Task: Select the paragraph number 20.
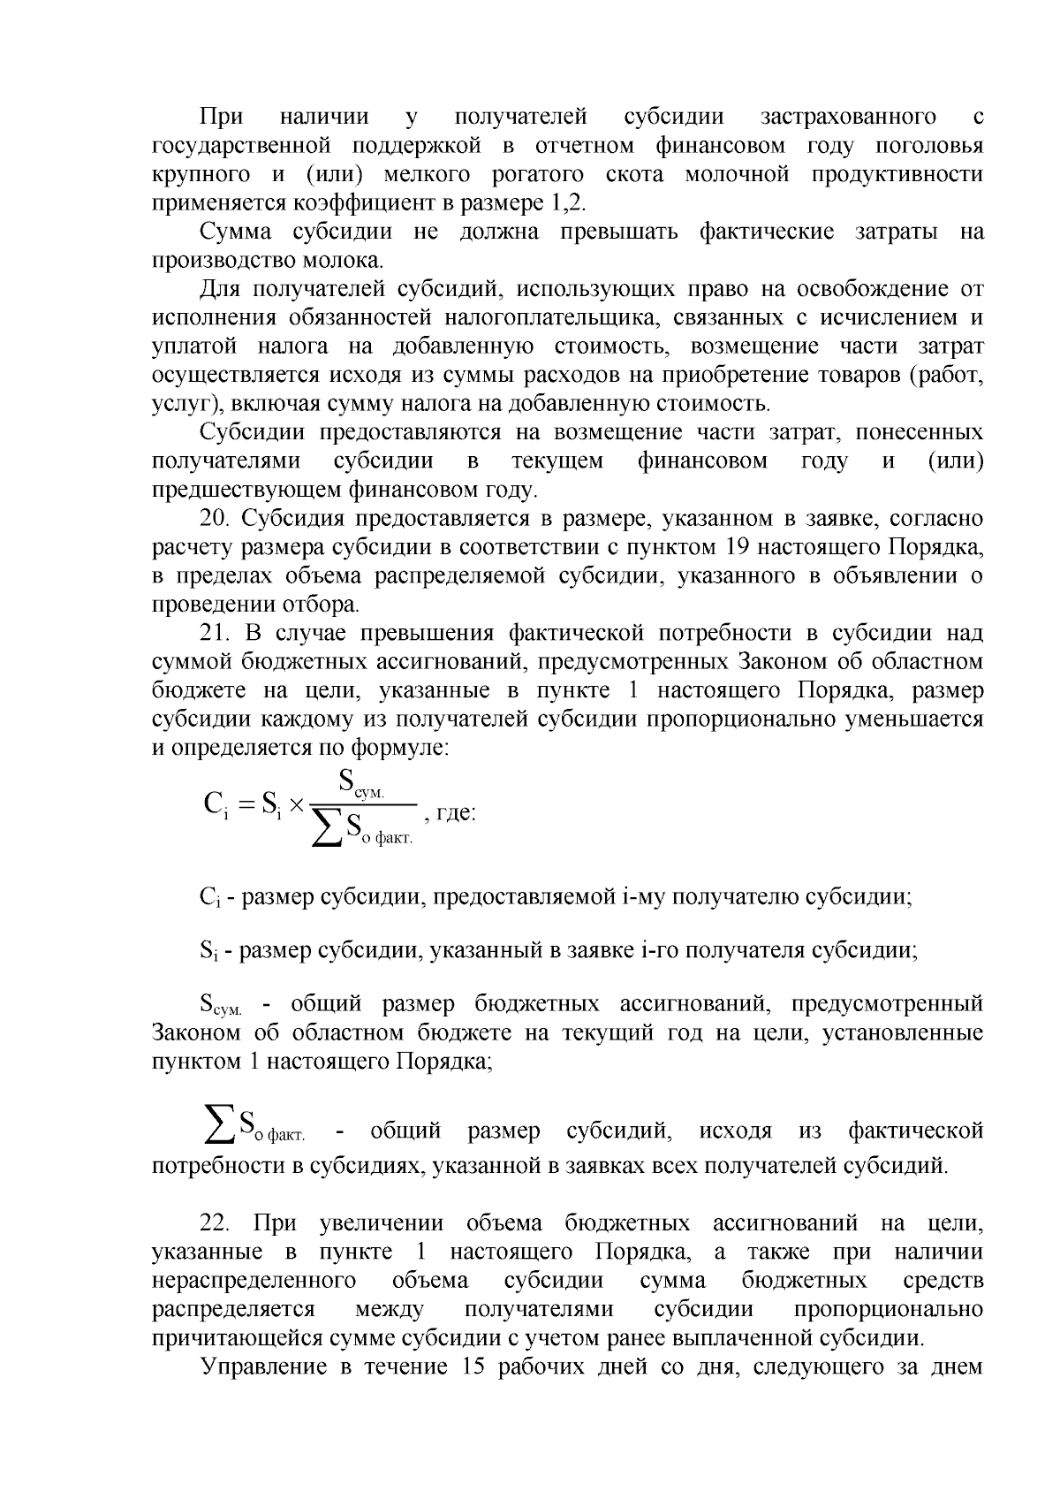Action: [215, 518]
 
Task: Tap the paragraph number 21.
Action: [215, 633]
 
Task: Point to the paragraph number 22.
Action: [215, 1223]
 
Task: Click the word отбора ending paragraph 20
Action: [325, 605]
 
